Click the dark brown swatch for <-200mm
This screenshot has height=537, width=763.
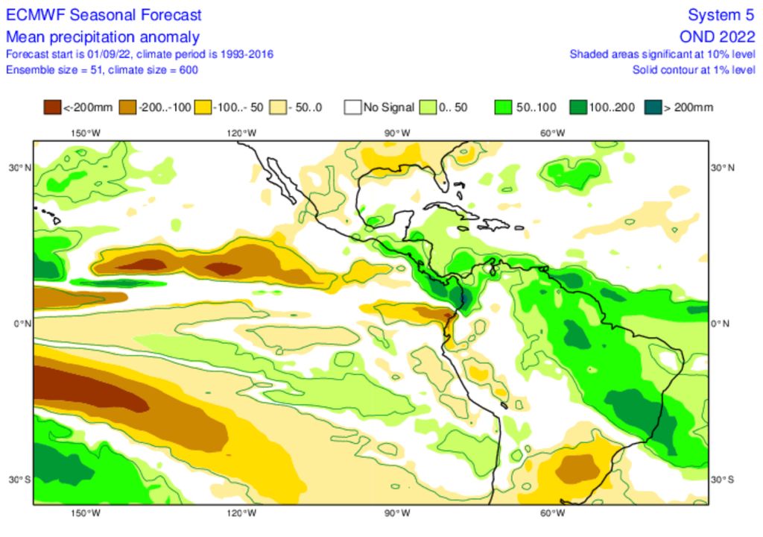52,107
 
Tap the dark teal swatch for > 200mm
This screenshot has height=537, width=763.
653,107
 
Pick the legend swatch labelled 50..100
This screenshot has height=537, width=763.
504,107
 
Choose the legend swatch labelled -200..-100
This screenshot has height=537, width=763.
127,107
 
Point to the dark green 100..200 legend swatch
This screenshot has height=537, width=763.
578,107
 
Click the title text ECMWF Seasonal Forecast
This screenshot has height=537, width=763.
104,16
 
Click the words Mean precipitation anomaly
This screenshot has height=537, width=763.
102,37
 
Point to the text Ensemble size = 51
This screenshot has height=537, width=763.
52,69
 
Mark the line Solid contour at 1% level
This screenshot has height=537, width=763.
693,69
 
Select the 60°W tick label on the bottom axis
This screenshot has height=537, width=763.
552,513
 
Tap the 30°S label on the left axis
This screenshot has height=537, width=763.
16,479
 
